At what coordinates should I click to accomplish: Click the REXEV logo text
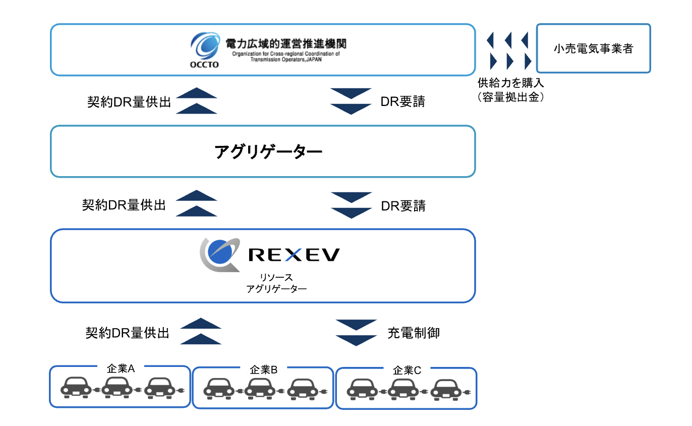point(294,255)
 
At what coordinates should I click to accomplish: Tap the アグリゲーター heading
point(268,151)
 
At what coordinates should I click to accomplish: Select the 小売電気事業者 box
point(593,48)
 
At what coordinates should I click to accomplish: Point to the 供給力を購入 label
point(510,82)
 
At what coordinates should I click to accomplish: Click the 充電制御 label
point(414,333)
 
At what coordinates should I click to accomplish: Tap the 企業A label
point(121,368)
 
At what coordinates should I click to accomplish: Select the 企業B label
point(264,370)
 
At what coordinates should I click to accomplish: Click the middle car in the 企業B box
point(261,388)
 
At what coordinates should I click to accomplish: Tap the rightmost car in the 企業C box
point(447,389)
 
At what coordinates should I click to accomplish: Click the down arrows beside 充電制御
point(356,333)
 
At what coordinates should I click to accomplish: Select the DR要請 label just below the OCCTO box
point(402,101)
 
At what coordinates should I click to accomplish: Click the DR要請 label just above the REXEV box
point(402,205)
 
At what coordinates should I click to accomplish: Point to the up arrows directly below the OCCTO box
point(197,101)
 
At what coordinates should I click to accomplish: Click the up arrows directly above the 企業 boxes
point(200,331)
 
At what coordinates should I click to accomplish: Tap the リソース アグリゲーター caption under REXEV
point(276,283)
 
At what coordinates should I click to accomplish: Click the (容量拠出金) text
point(510,97)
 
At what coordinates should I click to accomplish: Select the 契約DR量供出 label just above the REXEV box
point(124,205)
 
